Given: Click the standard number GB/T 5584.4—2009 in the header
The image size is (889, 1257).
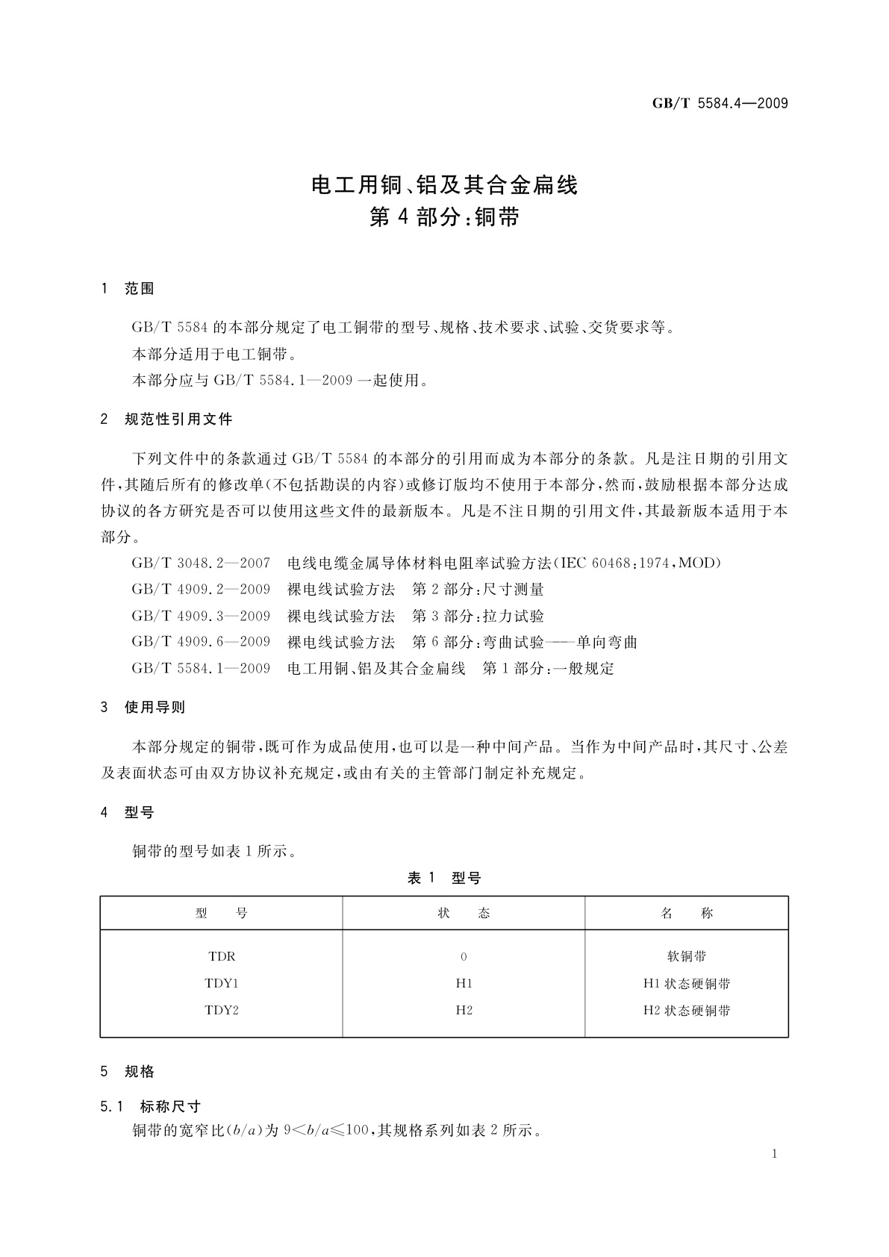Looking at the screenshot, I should (720, 104).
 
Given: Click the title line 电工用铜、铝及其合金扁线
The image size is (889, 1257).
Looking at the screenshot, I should (444, 184).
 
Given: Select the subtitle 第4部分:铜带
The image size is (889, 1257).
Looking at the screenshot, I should (444, 217).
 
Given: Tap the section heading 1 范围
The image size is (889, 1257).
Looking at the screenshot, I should (128, 289).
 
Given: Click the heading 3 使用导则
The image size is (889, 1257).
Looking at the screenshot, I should (143, 707).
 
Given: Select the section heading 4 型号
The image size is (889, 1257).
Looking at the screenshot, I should (128, 813).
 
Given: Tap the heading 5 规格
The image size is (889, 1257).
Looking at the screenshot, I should (128, 1071).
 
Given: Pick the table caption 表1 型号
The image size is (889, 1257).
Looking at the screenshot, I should (444, 879).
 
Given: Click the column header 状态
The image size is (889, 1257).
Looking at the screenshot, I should (464, 913).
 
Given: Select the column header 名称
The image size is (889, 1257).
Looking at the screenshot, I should (687, 913).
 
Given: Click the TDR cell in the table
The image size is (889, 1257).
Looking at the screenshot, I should (222, 956).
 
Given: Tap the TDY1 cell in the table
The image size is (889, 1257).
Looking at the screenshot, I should (222, 983).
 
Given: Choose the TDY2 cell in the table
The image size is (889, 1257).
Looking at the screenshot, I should (222, 1010).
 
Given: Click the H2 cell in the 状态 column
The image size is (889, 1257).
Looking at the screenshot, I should (464, 1010).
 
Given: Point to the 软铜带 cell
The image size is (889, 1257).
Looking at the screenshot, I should (687, 956).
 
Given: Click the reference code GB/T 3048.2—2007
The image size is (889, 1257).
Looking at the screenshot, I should (201, 563).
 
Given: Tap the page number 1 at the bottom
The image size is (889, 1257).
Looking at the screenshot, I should (774, 1154).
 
